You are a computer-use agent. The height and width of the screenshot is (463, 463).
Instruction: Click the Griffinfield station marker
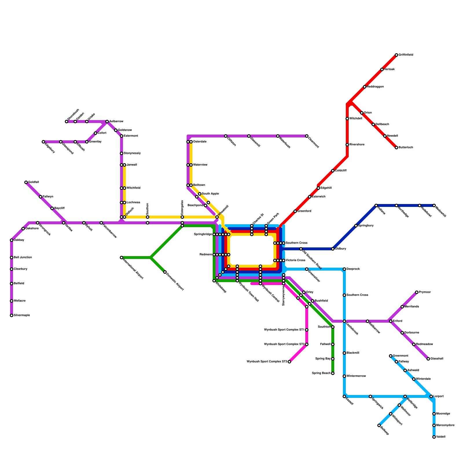tap(396, 55)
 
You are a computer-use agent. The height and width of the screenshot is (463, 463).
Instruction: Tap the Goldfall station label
tap(34, 182)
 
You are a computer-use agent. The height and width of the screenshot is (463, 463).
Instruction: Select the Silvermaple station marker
tap(12, 315)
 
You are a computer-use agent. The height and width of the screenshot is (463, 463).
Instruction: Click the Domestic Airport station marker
tap(165, 272)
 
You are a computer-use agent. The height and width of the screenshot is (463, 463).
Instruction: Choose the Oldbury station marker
tap(333, 249)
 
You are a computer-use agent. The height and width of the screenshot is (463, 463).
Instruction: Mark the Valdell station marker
tap(434, 437)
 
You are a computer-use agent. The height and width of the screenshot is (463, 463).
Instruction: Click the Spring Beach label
tap(321, 373)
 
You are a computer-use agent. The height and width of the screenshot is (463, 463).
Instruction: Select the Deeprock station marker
tap(344, 269)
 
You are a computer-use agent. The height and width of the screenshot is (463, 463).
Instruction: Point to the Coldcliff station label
tap(341, 171)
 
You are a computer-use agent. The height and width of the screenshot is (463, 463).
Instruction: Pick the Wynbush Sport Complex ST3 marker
tap(289, 362)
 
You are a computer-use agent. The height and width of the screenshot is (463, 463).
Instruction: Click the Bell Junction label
tap(23, 258)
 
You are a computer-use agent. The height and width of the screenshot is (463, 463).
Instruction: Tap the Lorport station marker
tap(431, 396)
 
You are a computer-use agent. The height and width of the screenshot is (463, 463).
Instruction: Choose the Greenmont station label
tap(400, 356)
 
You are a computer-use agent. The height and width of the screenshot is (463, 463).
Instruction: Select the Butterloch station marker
tap(396, 148)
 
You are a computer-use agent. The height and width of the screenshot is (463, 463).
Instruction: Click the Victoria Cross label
tap(295, 260)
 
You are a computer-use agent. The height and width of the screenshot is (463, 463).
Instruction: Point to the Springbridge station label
tap(203, 234)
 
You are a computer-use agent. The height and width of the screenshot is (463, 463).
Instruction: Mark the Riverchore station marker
tap(347, 145)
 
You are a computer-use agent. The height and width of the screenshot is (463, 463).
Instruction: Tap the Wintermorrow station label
tap(356, 376)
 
